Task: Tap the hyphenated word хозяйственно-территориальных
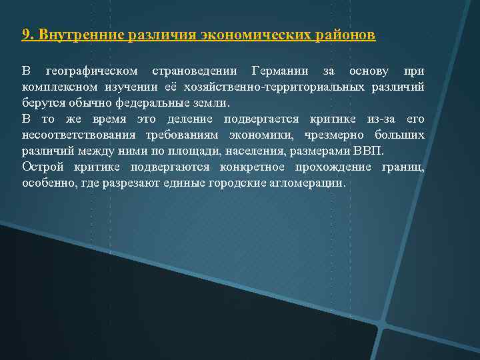click(x=293, y=87)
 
